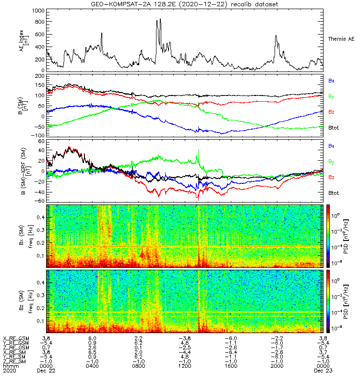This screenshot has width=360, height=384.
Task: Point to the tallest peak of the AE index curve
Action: (x=160, y=19)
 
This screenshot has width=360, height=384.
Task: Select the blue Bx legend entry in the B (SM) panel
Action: (x=331, y=81)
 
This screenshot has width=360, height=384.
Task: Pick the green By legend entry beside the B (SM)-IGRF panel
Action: (x=331, y=161)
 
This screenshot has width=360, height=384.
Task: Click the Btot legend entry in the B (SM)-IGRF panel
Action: (x=333, y=192)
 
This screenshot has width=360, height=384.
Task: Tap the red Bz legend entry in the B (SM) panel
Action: (x=331, y=112)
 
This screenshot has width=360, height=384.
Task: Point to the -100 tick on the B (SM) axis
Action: (x=38, y=135)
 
